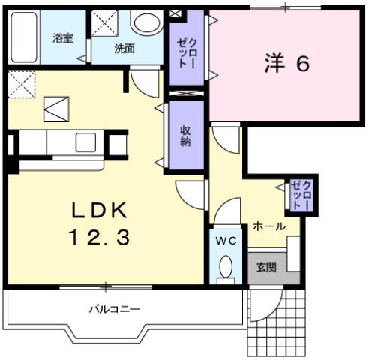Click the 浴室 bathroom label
tap(61, 37)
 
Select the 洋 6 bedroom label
tap(286, 64)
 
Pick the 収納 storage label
tap(184, 135)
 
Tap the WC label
tap(225, 241)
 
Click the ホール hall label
tap(268, 226)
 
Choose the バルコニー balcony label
tap(115, 308)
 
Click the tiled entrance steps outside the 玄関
tap(277, 322)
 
